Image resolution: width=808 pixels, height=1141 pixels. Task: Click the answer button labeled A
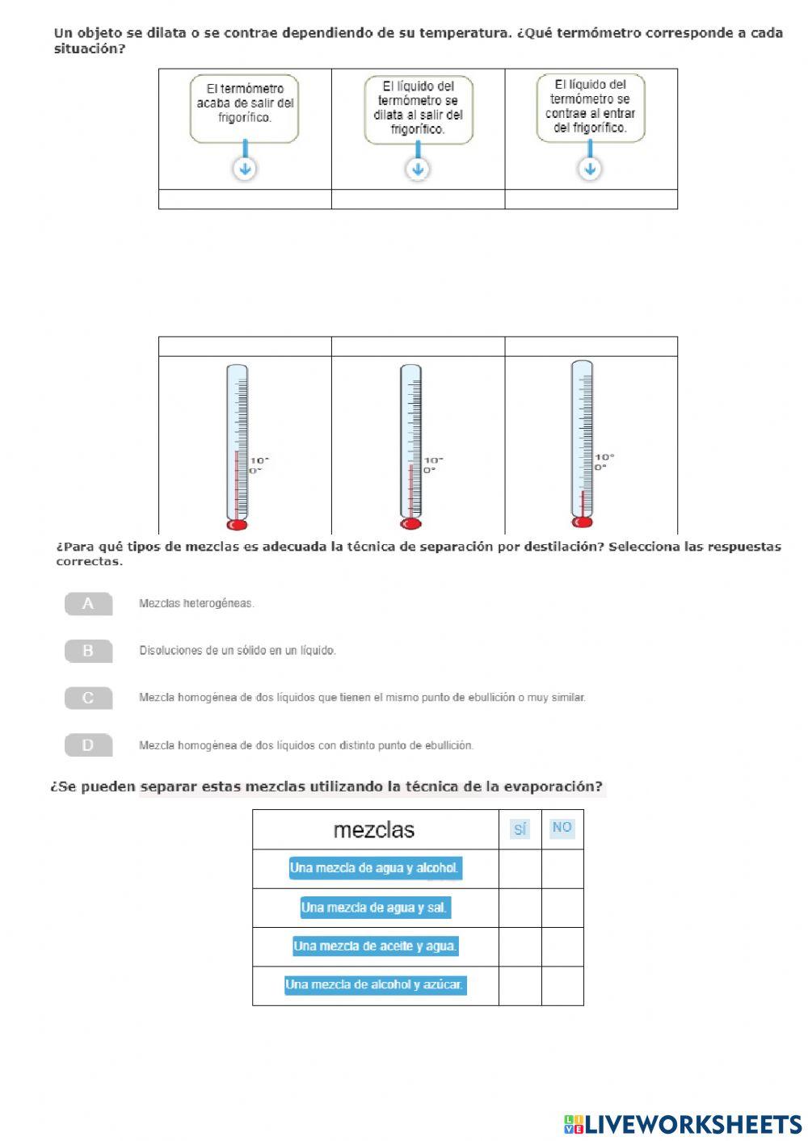pos(88,604)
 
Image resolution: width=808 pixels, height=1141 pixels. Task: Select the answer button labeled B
pos(88,651)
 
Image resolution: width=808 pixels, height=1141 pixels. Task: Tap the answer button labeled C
pos(88,698)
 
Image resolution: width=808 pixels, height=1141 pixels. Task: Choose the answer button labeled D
pos(88,745)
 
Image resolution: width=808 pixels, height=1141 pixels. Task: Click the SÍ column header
pos(520,829)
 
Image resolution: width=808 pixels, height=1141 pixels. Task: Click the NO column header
pos(562,828)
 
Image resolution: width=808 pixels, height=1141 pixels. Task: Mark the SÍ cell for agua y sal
pos(520,908)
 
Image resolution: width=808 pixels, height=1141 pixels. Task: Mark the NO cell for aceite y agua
pos(562,946)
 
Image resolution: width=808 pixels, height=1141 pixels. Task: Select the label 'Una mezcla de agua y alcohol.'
pos(375,869)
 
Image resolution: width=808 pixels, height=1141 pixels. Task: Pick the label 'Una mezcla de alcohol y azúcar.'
pos(375,985)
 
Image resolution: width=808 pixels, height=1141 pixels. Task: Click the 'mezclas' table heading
pos(374,830)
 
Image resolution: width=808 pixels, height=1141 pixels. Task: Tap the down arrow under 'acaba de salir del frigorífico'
pos(245,170)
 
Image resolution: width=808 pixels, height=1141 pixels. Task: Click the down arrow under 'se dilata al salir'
pos(418,170)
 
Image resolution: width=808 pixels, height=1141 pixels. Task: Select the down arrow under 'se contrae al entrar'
pos(591,169)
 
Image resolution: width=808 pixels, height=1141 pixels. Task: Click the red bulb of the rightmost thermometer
pos(582,522)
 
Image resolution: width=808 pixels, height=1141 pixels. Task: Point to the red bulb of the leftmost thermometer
pos(237,525)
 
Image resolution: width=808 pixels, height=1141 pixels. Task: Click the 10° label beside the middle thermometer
pos(433,460)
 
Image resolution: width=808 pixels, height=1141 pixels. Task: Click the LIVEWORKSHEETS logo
pos(683,1124)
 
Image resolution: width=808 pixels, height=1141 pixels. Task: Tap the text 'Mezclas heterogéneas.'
pos(196,603)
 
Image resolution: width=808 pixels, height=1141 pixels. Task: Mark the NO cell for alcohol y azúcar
pos(562,985)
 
